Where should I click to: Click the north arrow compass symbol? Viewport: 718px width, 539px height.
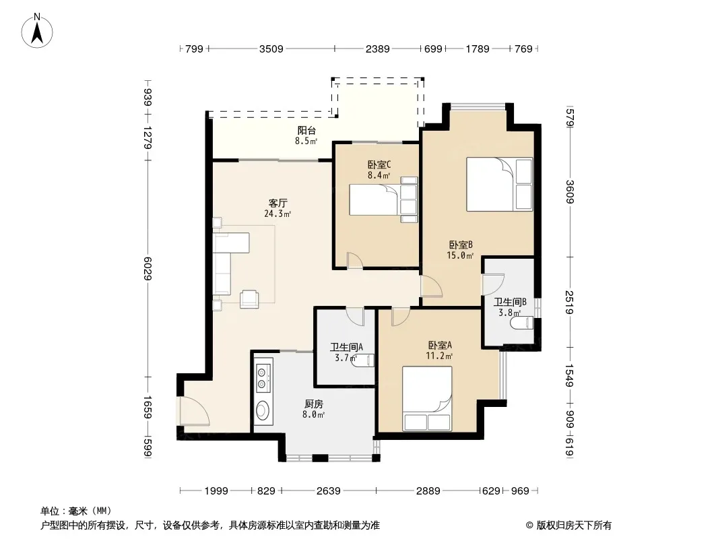click(x=37, y=31)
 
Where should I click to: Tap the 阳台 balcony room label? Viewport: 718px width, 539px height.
click(x=306, y=131)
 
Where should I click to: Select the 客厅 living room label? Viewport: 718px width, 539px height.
click(x=278, y=203)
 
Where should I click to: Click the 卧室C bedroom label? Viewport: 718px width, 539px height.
click(x=379, y=164)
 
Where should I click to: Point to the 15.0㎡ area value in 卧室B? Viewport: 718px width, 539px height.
click(x=460, y=255)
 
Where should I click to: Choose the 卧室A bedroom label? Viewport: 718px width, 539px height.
click(x=440, y=345)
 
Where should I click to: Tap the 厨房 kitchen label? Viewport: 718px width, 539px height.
click(x=314, y=404)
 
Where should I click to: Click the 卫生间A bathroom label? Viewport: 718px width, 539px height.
click(x=347, y=348)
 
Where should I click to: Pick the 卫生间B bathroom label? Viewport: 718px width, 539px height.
click(x=510, y=303)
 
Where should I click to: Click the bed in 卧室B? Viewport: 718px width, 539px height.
click(x=500, y=184)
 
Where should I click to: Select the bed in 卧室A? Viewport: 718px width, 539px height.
click(x=427, y=398)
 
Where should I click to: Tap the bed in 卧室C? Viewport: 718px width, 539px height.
click(x=384, y=199)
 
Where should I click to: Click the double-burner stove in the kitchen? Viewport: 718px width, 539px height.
click(x=263, y=375)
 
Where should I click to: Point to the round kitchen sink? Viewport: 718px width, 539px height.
click(x=263, y=410)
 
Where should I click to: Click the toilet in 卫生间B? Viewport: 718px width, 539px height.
click(x=522, y=323)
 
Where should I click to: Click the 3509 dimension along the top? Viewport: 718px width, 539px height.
click(x=271, y=49)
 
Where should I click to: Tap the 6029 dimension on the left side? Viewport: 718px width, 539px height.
click(x=148, y=268)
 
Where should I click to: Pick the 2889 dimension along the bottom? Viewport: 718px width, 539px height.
click(x=428, y=491)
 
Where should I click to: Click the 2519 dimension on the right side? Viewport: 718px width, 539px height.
click(x=570, y=303)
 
